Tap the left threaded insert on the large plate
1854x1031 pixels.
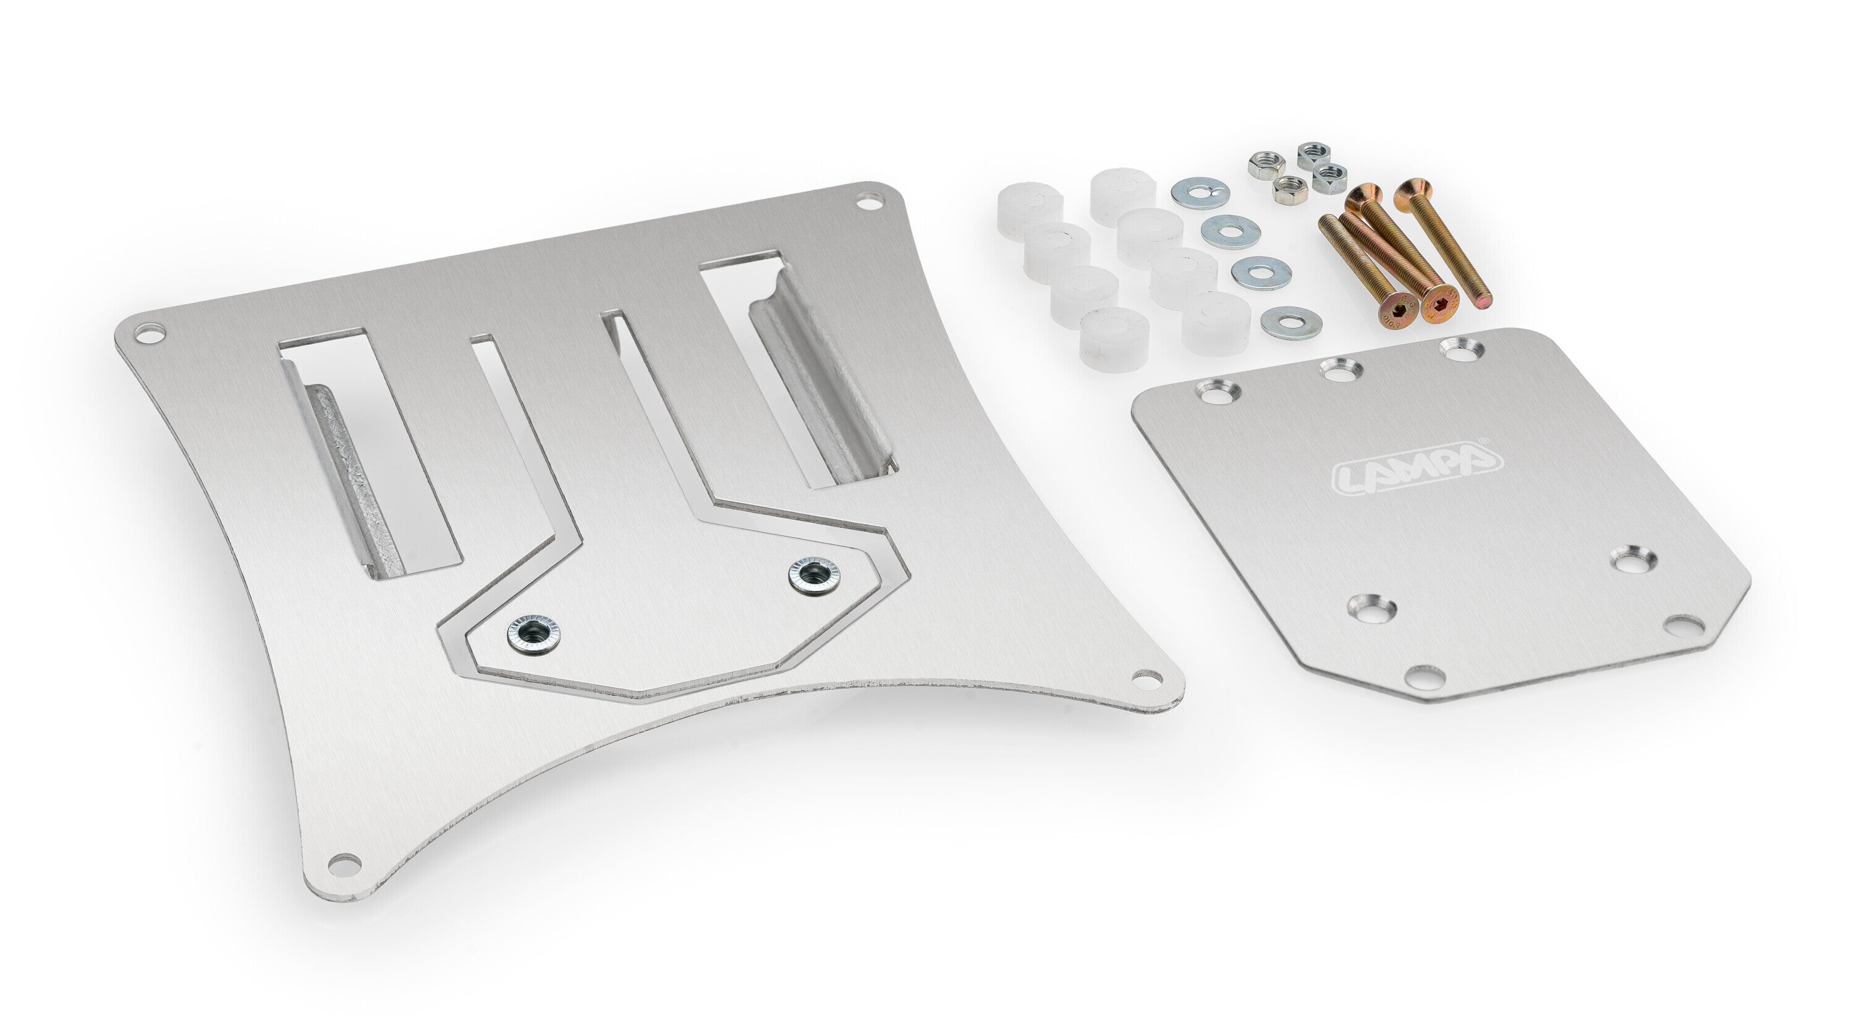[x=534, y=634]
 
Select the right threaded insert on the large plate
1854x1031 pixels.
[x=815, y=575]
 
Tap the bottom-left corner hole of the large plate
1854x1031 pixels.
[x=344, y=863]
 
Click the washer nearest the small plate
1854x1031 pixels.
[x=1291, y=321]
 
